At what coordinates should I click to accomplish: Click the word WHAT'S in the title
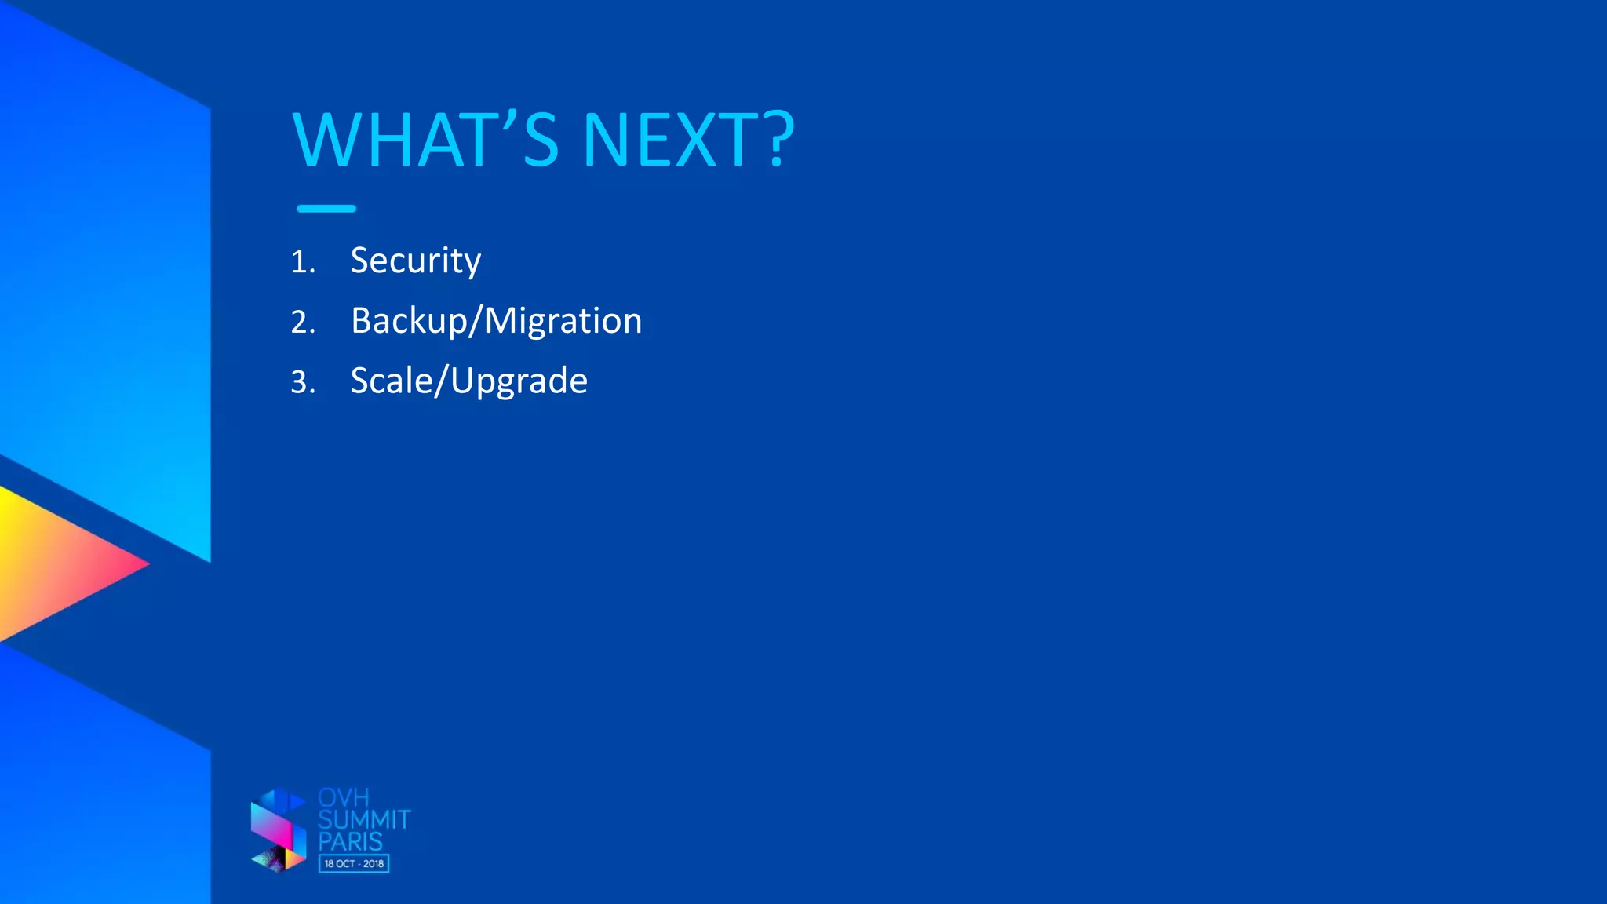[425, 140]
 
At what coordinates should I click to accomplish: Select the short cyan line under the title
[326, 209]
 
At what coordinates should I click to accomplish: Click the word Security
[415, 261]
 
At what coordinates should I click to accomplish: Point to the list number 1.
[302, 262]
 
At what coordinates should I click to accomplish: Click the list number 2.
[302, 323]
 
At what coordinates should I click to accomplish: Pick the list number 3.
[302, 383]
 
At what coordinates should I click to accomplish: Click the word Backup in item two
[409, 321]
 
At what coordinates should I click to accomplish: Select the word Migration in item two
[563, 321]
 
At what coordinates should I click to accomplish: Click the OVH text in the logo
[343, 798]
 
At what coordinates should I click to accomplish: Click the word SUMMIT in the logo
[364, 820]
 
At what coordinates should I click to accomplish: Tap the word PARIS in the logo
[350, 842]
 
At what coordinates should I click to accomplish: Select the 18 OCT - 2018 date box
[354, 864]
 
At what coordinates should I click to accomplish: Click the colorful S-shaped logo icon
[278, 830]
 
